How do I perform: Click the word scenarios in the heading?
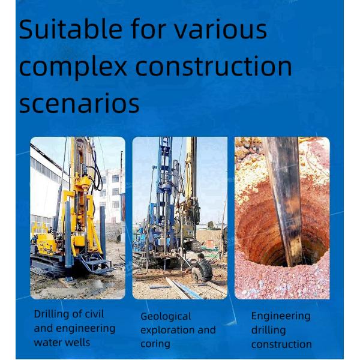(79, 103)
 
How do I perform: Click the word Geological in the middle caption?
(166, 316)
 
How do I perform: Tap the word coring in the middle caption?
(155, 344)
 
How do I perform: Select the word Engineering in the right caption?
(281, 316)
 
